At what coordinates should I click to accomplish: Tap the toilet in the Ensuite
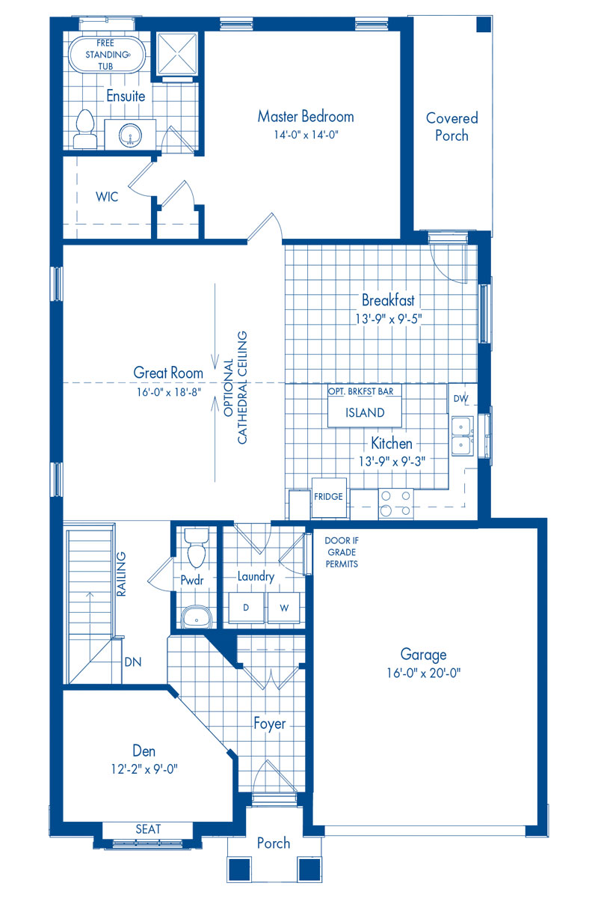[x=84, y=129]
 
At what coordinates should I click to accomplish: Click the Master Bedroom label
[x=306, y=117]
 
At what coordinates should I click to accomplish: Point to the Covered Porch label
[x=451, y=126]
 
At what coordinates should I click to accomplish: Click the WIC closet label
[x=107, y=197]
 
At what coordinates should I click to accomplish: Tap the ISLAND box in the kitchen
[x=365, y=412]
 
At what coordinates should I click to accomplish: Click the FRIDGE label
[x=328, y=497]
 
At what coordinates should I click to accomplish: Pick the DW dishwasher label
[x=460, y=400]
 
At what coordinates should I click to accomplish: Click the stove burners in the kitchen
[x=395, y=503]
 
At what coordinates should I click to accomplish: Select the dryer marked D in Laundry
[x=245, y=607]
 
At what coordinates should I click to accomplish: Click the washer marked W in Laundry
[x=284, y=607]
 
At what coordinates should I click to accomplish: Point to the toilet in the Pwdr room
[x=197, y=549]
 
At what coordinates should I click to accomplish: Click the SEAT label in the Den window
[x=147, y=829]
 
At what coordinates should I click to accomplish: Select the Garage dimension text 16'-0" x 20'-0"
[x=422, y=672]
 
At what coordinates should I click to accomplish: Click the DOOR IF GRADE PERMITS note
[x=342, y=552]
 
